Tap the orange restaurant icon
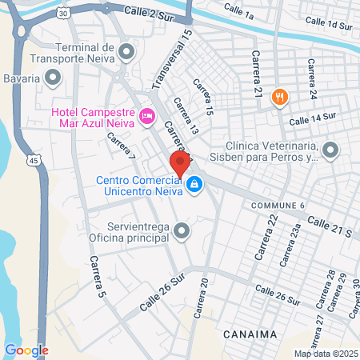coord(279,98)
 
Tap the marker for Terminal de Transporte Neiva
coord(126,53)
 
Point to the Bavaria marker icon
coord(53,78)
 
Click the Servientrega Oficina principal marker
coord(182,233)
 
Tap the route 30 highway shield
coord(63,13)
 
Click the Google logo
coord(26,350)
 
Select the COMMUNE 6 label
coord(278,206)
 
